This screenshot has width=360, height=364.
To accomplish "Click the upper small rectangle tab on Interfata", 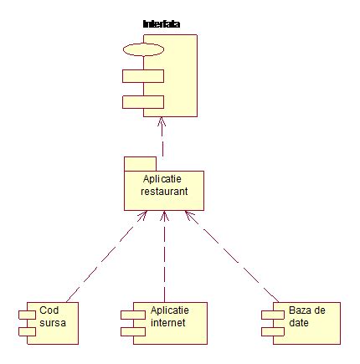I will click(141, 76).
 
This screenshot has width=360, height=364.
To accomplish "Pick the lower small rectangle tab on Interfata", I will click(141, 102).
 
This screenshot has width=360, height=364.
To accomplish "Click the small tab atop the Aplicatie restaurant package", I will click(140, 162).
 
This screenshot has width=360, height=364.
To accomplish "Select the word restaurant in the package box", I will click(163, 192).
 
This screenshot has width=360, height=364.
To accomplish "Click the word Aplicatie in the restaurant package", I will click(163, 179).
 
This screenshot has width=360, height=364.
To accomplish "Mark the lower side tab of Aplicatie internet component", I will click(126, 330).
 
